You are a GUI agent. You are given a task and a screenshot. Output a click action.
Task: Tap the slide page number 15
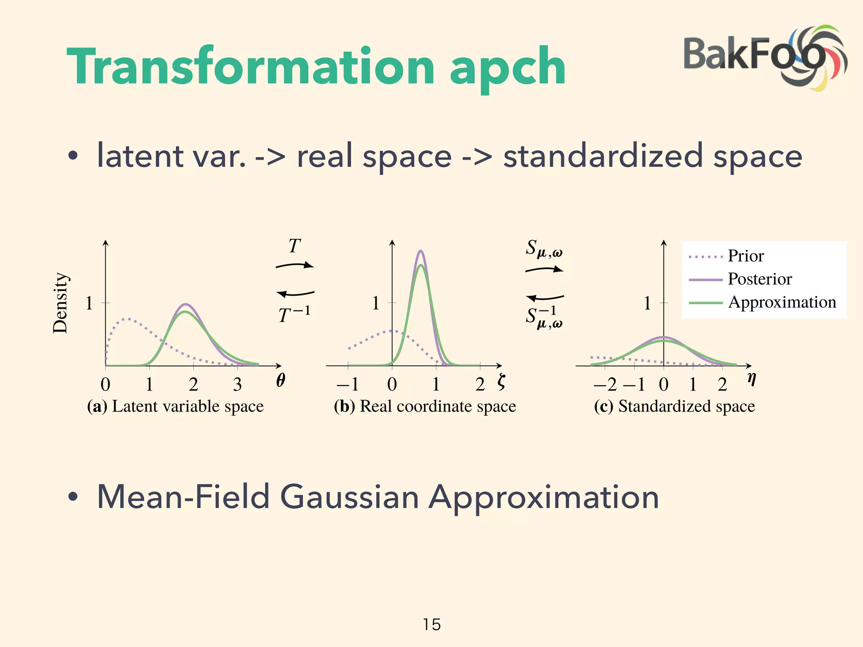pos(431,624)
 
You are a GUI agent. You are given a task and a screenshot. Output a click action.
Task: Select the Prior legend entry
pos(745,256)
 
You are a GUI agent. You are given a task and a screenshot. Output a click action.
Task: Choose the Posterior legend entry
pos(759,279)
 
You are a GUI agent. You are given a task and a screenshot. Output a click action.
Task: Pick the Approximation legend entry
pos(782,302)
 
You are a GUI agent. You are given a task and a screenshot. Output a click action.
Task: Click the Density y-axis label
pos(60,303)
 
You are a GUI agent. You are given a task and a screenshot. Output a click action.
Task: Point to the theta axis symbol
pos(281,380)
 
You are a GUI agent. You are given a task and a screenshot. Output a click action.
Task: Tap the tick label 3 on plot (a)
pos(237,384)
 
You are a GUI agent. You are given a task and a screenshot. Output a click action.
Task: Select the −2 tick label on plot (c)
pos(605,384)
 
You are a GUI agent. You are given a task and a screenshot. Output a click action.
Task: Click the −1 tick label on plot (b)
pos(348,384)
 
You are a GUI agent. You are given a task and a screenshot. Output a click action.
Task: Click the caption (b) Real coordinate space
pos(425,406)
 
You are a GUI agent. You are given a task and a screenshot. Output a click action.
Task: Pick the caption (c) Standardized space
pos(674,406)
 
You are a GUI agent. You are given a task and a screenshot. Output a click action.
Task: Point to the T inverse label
pos(294,314)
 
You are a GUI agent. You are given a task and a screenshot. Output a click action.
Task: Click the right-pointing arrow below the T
pos(295,265)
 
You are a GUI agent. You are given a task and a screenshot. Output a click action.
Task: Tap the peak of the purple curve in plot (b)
pos(420,251)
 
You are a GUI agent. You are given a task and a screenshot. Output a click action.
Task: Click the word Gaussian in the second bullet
pos(349,497)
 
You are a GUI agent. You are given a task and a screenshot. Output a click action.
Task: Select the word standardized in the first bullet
pos(603,156)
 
